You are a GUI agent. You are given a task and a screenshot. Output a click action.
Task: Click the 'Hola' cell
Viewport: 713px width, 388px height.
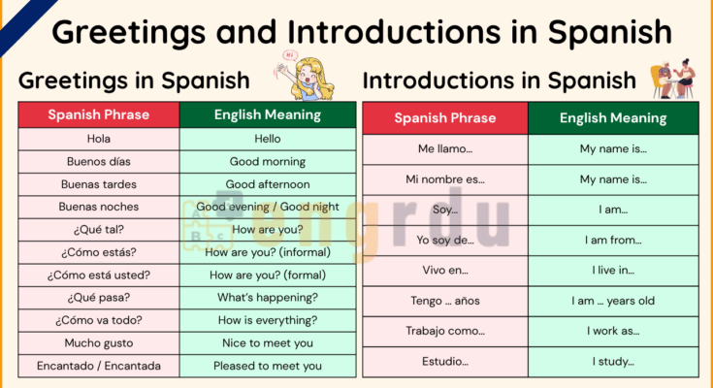99,139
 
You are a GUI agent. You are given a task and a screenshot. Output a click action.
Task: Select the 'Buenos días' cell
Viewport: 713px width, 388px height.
99,161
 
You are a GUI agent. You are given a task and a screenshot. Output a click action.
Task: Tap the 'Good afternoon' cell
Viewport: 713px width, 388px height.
268,184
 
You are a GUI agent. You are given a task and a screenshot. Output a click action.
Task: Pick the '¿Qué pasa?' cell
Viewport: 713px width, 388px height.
99,298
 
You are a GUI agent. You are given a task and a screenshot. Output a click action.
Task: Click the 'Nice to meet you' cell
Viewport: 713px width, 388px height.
268,343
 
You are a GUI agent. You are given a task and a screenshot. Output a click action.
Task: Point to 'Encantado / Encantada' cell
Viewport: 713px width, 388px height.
99,366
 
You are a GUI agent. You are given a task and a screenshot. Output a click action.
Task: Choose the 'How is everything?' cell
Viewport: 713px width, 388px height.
268,320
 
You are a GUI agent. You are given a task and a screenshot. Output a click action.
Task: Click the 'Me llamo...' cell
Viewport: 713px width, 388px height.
445,148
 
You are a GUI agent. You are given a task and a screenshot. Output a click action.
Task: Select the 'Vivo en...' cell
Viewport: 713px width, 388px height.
445,270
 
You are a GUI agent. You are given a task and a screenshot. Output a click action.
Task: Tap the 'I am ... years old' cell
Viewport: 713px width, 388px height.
613,301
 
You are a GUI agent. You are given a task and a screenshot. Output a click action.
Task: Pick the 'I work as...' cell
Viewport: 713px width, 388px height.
613,331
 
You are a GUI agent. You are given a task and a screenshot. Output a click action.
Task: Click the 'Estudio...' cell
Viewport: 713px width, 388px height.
445,362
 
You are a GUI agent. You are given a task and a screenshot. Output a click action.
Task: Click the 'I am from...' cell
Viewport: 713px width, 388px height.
613,240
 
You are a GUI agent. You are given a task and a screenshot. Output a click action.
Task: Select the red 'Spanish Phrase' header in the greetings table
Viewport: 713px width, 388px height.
99,114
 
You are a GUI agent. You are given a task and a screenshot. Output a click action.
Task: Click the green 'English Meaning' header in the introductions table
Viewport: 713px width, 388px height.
613,118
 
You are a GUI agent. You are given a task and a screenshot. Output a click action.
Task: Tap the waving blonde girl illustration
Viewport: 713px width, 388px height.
309,76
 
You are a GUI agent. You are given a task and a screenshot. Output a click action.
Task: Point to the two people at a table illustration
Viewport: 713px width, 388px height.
672,78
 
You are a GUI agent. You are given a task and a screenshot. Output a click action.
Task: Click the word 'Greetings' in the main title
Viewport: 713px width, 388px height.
134,32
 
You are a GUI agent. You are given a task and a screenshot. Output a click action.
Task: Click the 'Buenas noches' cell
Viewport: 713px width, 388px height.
99,207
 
